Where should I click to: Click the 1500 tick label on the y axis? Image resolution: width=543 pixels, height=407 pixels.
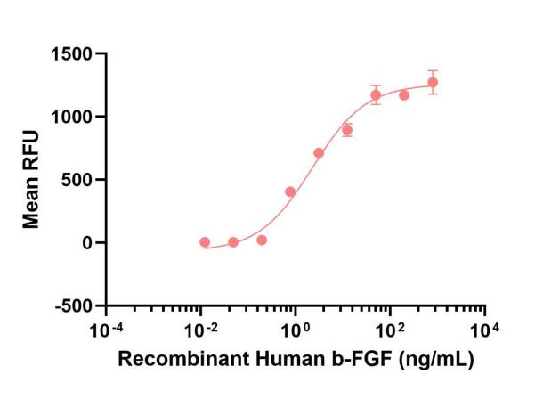(74, 54)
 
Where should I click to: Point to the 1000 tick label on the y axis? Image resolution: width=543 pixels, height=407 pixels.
(74, 117)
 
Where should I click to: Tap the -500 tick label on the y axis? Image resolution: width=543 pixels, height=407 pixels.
(75, 305)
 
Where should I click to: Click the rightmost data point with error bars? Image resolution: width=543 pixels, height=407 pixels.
(433, 83)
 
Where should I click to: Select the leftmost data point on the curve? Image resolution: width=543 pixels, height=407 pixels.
(205, 242)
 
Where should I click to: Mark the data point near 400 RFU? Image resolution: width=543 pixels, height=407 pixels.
(290, 191)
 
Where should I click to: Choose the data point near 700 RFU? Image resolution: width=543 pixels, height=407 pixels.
(319, 153)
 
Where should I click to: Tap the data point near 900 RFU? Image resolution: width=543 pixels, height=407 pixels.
(347, 130)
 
